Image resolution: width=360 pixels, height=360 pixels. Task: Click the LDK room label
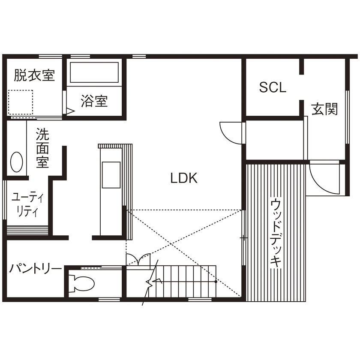pos(184,178)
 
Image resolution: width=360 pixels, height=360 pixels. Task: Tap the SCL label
pos(273,87)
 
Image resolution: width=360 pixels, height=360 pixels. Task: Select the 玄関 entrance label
pos(325,109)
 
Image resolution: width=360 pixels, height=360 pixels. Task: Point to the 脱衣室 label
pos(34,75)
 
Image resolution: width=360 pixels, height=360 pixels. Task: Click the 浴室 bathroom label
pos(94,101)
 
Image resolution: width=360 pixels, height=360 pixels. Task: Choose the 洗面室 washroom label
pos(42,148)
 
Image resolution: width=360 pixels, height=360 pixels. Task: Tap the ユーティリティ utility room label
pos(28,204)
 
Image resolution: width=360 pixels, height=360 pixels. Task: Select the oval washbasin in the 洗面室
pos(16,162)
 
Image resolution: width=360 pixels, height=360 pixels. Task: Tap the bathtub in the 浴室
pos(94,73)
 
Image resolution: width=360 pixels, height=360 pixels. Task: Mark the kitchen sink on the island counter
pos(111,175)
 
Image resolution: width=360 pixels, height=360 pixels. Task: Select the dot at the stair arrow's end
pos(216,282)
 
